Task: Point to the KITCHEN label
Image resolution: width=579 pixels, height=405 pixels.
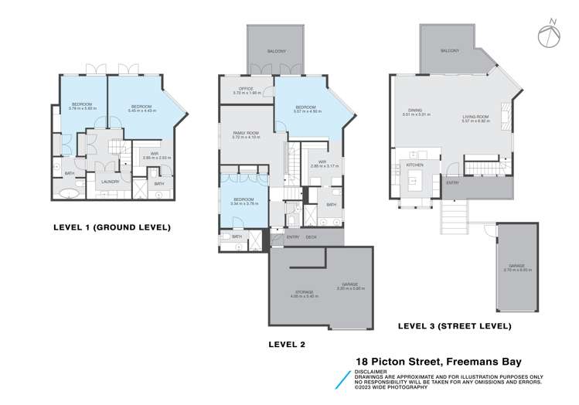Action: pos(415,165)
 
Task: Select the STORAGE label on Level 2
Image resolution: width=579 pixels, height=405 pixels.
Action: pos(302,293)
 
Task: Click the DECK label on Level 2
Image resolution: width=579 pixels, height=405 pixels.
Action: pos(312,237)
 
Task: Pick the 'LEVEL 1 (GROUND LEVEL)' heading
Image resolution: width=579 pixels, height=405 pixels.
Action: pos(111,227)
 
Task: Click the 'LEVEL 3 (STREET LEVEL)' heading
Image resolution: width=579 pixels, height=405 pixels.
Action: pos(454,326)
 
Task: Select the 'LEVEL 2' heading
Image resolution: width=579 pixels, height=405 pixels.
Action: pos(287,345)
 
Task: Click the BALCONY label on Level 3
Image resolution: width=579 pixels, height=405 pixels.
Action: pos(449,50)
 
